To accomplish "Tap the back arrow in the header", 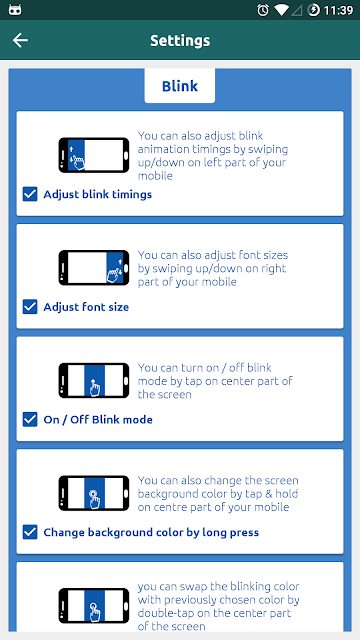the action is click(x=20, y=40).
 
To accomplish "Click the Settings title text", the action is click(x=180, y=40).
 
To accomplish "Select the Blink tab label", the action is click(x=180, y=86).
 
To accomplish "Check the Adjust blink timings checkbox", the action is click(x=30, y=194).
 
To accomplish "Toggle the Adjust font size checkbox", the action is click(x=30, y=307).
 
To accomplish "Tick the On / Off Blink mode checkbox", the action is click(x=30, y=420).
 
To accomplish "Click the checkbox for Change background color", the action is click(x=30, y=532).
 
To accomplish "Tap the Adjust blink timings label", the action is click(x=98, y=195).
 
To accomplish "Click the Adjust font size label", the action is click(x=86, y=307).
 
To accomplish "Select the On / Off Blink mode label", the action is click(x=98, y=420).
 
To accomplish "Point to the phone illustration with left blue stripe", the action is click(x=94, y=155).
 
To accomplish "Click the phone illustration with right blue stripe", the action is click(x=94, y=268).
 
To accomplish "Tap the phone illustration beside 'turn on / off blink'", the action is click(x=94, y=380).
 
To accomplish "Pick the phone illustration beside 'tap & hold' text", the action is click(x=94, y=493).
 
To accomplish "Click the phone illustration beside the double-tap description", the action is click(x=94, y=606).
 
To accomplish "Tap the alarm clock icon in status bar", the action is click(x=263, y=10).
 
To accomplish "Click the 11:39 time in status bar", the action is click(x=338, y=10).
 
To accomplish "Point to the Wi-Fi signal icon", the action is click(x=281, y=10).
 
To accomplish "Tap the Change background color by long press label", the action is click(x=151, y=533).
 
